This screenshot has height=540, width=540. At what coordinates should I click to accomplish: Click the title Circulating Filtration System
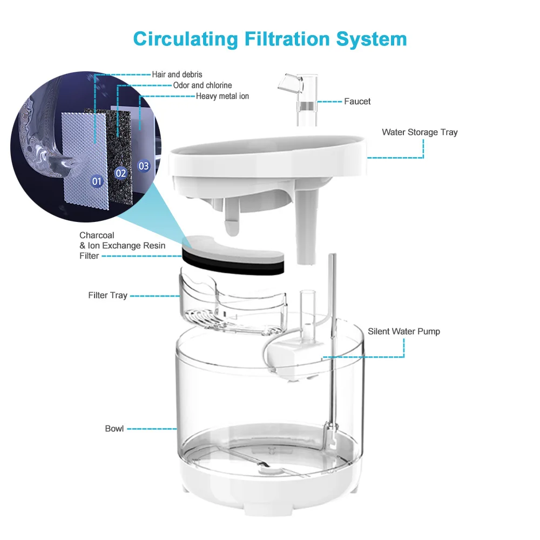coord(269,39)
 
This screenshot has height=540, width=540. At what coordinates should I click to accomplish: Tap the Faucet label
coord(357,102)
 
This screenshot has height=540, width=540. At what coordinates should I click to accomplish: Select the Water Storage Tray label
coord(420,132)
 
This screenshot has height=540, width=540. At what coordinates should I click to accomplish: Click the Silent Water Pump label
coord(404,332)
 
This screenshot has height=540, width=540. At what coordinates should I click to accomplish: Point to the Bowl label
coord(114,429)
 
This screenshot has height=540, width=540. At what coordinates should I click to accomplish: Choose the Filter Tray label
coord(107,295)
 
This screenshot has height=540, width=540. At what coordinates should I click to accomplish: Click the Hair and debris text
coord(177,75)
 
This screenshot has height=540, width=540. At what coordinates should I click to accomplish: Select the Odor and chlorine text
coord(202,85)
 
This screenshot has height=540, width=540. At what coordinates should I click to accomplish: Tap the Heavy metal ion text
coord(222,96)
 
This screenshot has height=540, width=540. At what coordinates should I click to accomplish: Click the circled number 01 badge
coord(97,181)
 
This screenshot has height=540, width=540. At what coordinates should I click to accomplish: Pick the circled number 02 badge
coord(121,173)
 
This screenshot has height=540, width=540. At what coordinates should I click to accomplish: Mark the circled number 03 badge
coord(144,166)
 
